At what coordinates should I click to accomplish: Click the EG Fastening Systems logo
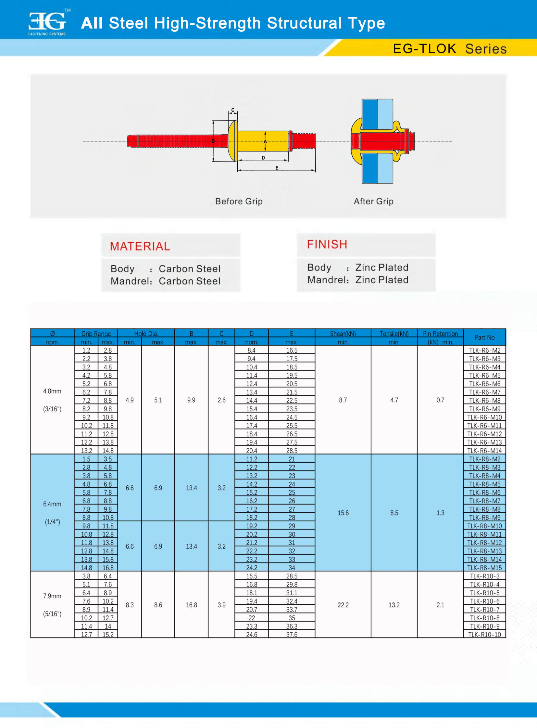tap(47, 23)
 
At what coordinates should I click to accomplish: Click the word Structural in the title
tap(304, 23)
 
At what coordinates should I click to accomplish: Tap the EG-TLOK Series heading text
tap(450, 49)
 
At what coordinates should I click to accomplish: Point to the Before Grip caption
tap(239, 201)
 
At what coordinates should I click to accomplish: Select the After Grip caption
tap(373, 201)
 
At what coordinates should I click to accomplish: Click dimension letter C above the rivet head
tap(233, 110)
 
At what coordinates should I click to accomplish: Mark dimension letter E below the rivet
tap(277, 168)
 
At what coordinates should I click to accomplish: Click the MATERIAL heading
tap(140, 246)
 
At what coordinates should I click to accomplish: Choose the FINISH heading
tap(327, 244)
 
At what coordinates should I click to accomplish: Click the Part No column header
tap(484, 337)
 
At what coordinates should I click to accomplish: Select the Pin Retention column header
tap(440, 334)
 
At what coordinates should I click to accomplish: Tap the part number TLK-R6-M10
tap(484, 418)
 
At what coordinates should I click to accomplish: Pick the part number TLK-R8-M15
tap(484, 568)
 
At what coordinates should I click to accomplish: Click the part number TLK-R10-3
tap(484, 576)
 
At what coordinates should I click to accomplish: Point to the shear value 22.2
tap(343, 605)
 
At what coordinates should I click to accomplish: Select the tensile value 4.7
tap(394, 400)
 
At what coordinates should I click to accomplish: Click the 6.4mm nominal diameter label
tap(52, 504)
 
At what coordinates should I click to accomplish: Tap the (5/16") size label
tap(52, 614)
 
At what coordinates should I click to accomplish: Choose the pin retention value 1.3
tap(440, 513)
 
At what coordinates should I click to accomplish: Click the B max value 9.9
tap(191, 400)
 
